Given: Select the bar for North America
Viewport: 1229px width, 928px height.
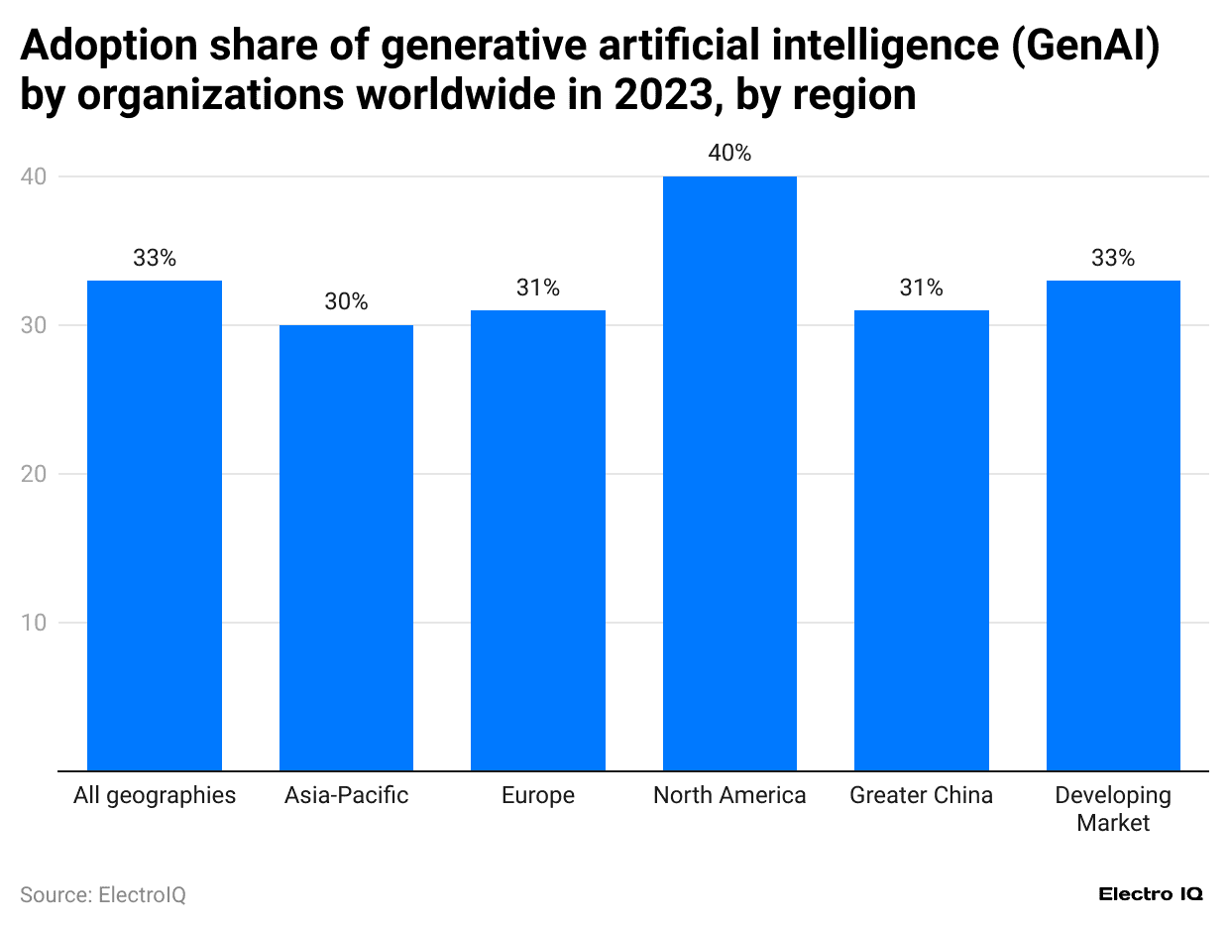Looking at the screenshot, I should pyautogui.click(x=729, y=474).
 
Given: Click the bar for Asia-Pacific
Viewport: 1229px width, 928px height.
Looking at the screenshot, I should pyautogui.click(x=346, y=547).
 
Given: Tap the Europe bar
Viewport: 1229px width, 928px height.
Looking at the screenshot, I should pyautogui.click(x=538, y=540).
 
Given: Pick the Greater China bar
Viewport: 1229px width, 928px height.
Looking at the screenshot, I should pyautogui.click(x=921, y=540).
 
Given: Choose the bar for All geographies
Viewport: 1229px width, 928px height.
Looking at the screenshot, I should pyautogui.click(x=155, y=525).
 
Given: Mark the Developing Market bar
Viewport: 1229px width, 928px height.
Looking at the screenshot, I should pyautogui.click(x=1113, y=525).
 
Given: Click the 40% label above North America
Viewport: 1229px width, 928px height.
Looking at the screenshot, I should pyautogui.click(x=729, y=154).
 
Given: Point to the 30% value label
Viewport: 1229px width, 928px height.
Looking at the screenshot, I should pyautogui.click(x=346, y=302).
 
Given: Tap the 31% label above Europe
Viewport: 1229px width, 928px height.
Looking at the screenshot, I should pyautogui.click(x=538, y=288).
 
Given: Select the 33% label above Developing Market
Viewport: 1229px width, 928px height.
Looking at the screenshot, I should pyautogui.click(x=1113, y=258).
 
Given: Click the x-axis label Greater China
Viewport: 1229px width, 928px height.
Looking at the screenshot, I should pyautogui.click(x=921, y=795).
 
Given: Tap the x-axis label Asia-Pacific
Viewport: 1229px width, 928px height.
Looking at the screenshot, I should pyautogui.click(x=346, y=795).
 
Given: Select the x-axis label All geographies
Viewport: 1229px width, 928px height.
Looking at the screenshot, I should pyautogui.click(x=155, y=795).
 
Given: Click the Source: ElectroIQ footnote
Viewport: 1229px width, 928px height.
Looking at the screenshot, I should pyautogui.click(x=103, y=894).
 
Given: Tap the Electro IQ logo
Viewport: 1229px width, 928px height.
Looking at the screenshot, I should pyautogui.click(x=1151, y=894).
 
